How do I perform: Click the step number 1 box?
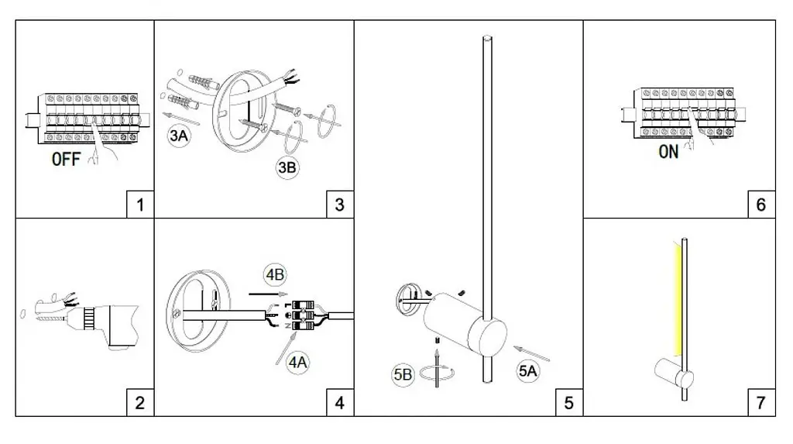[x=140, y=205]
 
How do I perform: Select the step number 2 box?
[x=140, y=402]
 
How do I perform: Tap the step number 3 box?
[x=340, y=205]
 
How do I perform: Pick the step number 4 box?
[x=340, y=402]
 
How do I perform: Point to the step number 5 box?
[x=569, y=402]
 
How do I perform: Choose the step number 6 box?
[x=761, y=205]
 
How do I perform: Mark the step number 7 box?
[x=761, y=402]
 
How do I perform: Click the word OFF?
[x=67, y=160]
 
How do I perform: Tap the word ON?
[x=668, y=152]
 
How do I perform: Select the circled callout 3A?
[x=179, y=136]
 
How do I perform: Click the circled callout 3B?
[x=287, y=167]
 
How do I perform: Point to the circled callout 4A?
[x=297, y=363]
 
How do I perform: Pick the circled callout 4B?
[x=275, y=275]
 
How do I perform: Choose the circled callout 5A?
[x=528, y=371]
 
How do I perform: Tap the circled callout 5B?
[x=403, y=374]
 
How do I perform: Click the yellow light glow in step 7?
[x=677, y=298]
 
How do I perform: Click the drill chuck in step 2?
[x=90, y=318]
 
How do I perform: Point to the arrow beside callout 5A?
[x=531, y=353]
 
